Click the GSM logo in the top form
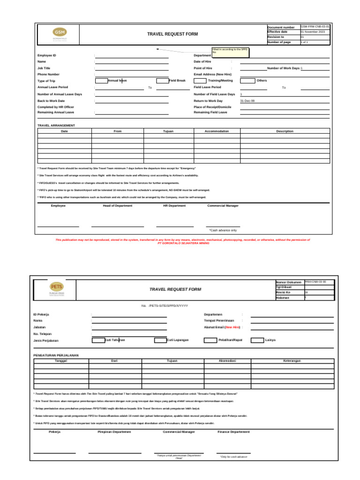(60, 33)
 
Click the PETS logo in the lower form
(56, 288)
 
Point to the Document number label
(281, 28)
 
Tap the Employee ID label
(47, 55)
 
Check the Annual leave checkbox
(101, 81)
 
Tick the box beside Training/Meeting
(200, 81)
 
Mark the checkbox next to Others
(247, 81)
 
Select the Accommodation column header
(217, 131)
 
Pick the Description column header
(285, 131)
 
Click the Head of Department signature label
(117, 206)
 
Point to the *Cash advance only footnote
(223, 230)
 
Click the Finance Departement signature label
(233, 432)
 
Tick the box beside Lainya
(257, 340)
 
